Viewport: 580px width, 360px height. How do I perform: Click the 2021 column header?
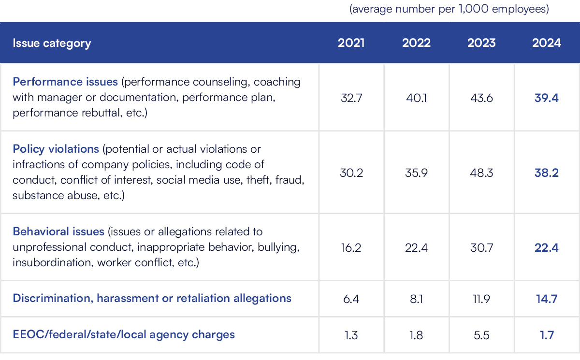351,43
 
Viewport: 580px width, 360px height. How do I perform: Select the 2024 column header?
547,43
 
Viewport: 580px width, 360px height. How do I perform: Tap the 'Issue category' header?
52,43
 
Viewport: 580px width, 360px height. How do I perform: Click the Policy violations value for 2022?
416,173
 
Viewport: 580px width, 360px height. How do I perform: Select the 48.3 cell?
481,173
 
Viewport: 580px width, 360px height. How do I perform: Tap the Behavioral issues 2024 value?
547,247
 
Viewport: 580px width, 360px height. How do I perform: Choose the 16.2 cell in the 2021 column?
351,247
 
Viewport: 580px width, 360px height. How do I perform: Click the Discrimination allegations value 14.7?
547,299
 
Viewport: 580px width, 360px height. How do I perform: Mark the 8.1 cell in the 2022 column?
416,299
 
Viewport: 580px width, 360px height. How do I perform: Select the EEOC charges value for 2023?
481,334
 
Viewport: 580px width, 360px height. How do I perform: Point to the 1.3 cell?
351,334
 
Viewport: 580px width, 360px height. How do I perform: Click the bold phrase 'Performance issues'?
65,82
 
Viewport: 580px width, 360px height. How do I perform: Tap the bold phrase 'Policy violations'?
56,148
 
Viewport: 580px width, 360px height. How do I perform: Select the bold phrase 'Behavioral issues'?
58,231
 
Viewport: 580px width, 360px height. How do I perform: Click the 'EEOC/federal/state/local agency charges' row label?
124,334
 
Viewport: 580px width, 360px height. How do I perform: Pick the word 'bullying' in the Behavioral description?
279,247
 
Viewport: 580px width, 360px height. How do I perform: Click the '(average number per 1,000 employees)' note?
449,10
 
